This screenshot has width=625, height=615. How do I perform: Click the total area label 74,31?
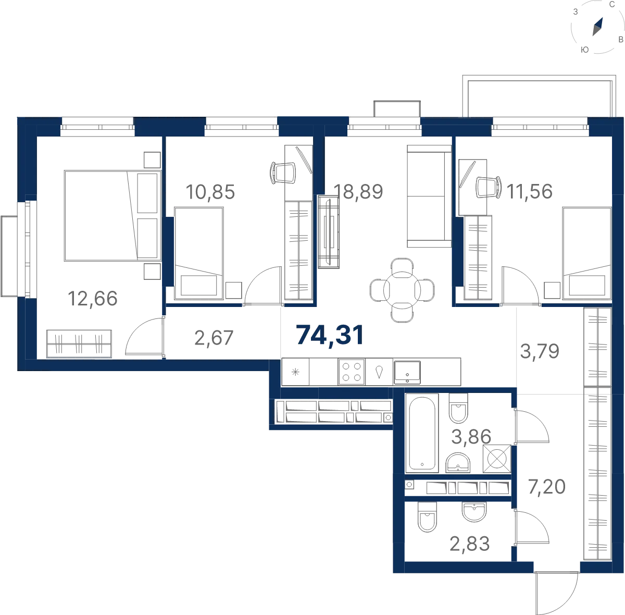coord(330,336)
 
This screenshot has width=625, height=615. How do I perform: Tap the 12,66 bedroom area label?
coord(92,299)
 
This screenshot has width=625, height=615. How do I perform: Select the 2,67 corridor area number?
coord(214,338)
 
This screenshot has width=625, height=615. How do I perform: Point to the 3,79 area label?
coord(540,351)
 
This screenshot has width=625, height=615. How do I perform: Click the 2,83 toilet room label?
coord(469,544)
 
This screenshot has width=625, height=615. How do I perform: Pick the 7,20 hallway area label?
coord(547,487)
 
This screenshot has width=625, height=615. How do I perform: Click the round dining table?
coord(402,290)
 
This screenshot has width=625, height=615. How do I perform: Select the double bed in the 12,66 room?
coord(113,216)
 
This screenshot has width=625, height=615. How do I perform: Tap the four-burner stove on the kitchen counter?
coord(352,372)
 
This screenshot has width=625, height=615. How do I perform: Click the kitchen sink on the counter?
coord(407,372)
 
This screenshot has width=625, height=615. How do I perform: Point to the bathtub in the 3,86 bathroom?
coord(422,433)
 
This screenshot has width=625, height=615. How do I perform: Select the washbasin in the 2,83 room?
coord(474,512)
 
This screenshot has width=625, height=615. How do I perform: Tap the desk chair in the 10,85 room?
coord(283,173)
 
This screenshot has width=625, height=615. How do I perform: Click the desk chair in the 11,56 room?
coord(489,187)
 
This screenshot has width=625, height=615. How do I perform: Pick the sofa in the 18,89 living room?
coord(429,196)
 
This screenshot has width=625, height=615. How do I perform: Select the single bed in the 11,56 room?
coord(587,253)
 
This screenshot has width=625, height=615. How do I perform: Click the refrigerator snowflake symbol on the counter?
coord(295,372)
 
